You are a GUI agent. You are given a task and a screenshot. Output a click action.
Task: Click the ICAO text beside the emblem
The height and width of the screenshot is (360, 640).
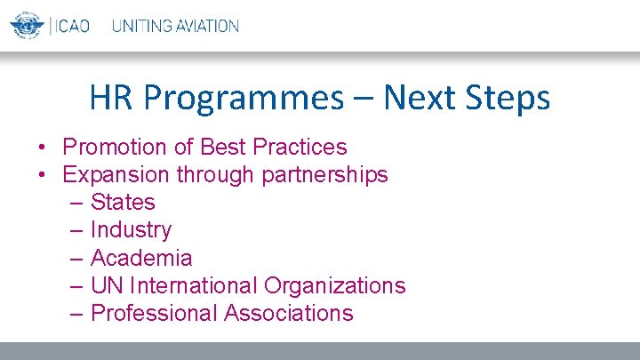coord(72,25)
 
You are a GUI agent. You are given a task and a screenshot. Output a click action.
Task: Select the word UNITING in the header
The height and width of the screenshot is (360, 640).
coord(142,26)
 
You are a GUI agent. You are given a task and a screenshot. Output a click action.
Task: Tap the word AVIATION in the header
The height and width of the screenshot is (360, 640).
coord(207,26)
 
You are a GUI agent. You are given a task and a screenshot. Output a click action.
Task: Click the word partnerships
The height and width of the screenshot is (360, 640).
coord(324,175)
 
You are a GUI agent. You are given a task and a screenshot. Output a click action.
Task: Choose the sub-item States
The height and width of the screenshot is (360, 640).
coord(123,202)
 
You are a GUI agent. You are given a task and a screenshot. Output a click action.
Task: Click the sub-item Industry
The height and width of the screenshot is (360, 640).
coord(131,230)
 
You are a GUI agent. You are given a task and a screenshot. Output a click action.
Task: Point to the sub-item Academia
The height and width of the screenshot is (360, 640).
coord(141,258)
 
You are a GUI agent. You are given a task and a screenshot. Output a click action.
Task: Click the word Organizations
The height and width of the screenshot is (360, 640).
coord(335,286)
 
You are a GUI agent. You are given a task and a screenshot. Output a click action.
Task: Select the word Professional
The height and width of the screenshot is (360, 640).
coord(154,313)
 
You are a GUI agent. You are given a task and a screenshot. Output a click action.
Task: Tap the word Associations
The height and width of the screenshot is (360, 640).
coord(289,313)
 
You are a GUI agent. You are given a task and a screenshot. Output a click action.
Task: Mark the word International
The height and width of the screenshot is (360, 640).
coord(193,285)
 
